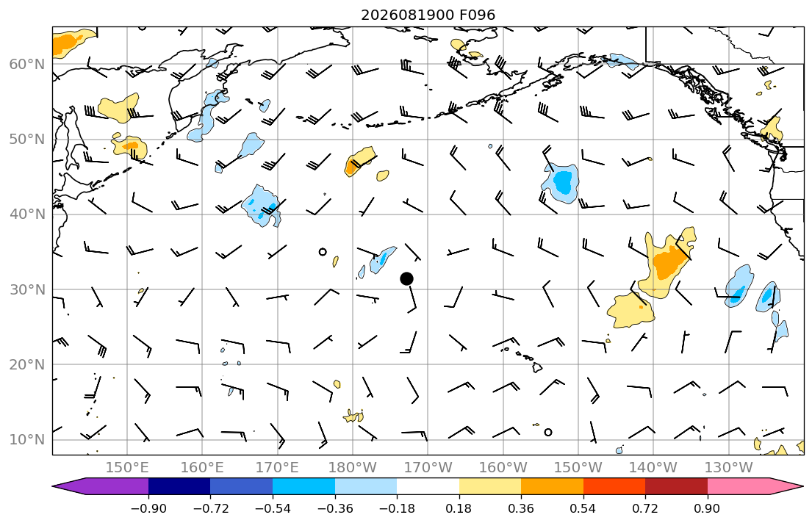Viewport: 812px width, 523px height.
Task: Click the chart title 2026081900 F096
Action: tap(428, 15)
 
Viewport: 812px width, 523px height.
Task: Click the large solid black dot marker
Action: tap(406, 278)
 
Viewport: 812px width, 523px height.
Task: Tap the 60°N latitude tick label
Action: tap(27, 64)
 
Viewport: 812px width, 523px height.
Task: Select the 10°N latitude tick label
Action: tap(27, 440)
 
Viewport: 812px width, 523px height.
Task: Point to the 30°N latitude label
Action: tap(27, 289)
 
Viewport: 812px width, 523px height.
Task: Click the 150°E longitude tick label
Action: tap(127, 468)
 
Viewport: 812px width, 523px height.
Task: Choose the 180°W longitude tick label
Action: tap(353, 468)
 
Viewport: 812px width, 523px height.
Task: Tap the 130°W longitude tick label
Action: tap(729, 468)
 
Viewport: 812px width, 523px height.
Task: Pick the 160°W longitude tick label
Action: tap(503, 468)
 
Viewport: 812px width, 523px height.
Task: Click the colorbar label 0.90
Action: tap(708, 508)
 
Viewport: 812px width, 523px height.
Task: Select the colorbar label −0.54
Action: tap(273, 508)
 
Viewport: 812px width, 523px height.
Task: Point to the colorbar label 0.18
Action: tap(459, 508)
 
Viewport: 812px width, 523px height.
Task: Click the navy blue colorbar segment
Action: tap(179, 486)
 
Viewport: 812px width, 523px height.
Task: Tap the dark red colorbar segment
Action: tap(676, 486)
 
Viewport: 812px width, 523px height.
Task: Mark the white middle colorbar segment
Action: tap(428, 486)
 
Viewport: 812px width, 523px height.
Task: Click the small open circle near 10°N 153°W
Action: tap(548, 432)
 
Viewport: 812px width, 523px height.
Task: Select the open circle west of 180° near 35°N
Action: tap(323, 252)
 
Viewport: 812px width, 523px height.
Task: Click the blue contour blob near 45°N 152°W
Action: tap(561, 183)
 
